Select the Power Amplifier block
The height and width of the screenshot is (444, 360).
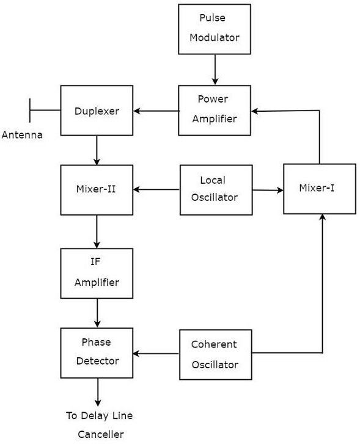tap(214, 110)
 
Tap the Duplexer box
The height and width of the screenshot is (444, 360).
tap(97, 111)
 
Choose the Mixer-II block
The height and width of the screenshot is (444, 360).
tap(97, 189)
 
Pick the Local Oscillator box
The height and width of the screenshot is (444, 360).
tap(216, 189)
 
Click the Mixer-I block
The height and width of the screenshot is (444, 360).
tap(320, 189)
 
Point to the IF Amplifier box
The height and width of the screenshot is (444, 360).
tap(97, 273)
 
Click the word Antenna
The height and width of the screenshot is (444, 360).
tap(22, 135)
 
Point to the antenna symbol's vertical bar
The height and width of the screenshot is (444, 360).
tap(29, 111)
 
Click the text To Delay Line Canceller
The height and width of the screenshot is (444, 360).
tap(100, 425)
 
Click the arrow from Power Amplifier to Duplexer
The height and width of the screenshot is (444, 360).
tap(156, 111)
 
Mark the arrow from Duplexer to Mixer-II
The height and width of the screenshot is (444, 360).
tap(97, 150)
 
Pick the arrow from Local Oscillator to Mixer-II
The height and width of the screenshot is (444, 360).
tap(156, 190)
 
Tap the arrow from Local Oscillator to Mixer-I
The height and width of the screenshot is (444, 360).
tap(268, 190)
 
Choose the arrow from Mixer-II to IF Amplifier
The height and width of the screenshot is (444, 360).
tap(97, 231)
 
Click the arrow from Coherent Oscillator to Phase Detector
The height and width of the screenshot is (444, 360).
tap(156, 353)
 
